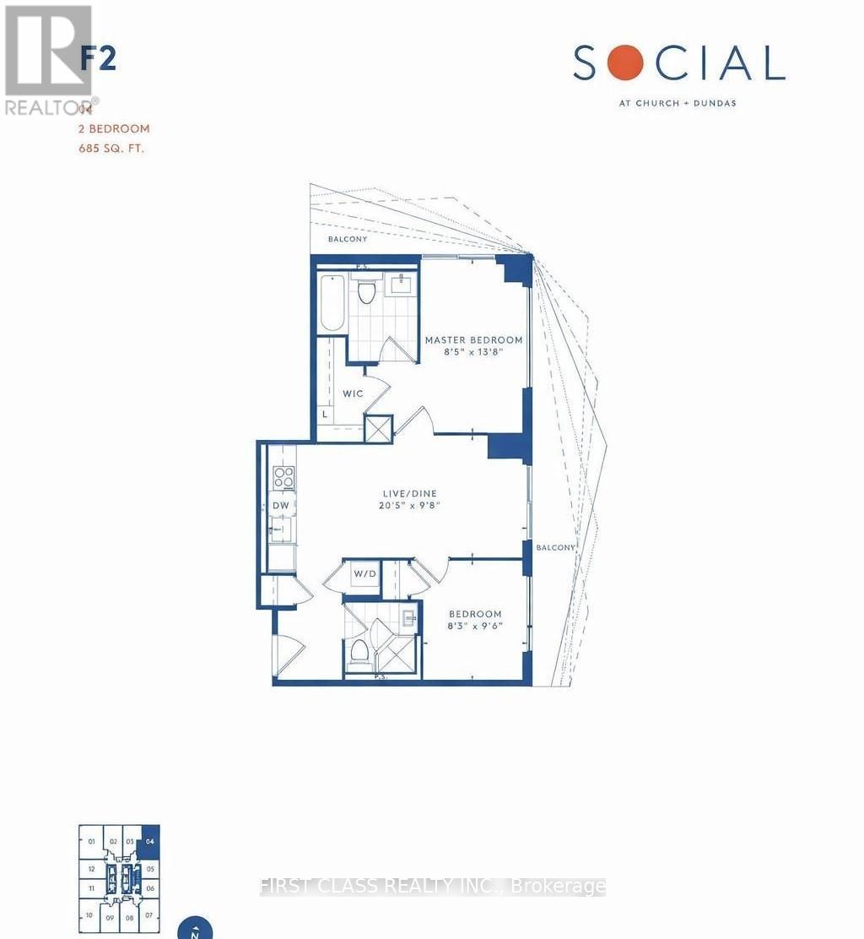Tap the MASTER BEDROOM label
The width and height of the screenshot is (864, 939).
tap(473, 340)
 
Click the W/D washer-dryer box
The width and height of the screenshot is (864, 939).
tap(364, 574)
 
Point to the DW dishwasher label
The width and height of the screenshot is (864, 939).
tap(281, 506)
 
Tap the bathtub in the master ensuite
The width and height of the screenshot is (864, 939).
tap(332, 303)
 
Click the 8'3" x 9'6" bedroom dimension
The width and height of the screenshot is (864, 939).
tap(475, 627)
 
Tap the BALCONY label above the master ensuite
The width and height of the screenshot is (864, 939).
tap(348, 240)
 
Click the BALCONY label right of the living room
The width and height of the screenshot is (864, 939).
tap(554, 547)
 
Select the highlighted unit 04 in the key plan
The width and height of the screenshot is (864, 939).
tap(150, 841)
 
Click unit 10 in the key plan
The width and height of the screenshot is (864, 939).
tap(89, 915)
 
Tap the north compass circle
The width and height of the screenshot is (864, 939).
tap(195, 929)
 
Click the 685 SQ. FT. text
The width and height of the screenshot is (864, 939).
tap(113, 149)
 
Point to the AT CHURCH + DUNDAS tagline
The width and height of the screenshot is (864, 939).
tap(678, 104)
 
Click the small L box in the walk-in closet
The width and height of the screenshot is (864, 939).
tap(325, 415)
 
